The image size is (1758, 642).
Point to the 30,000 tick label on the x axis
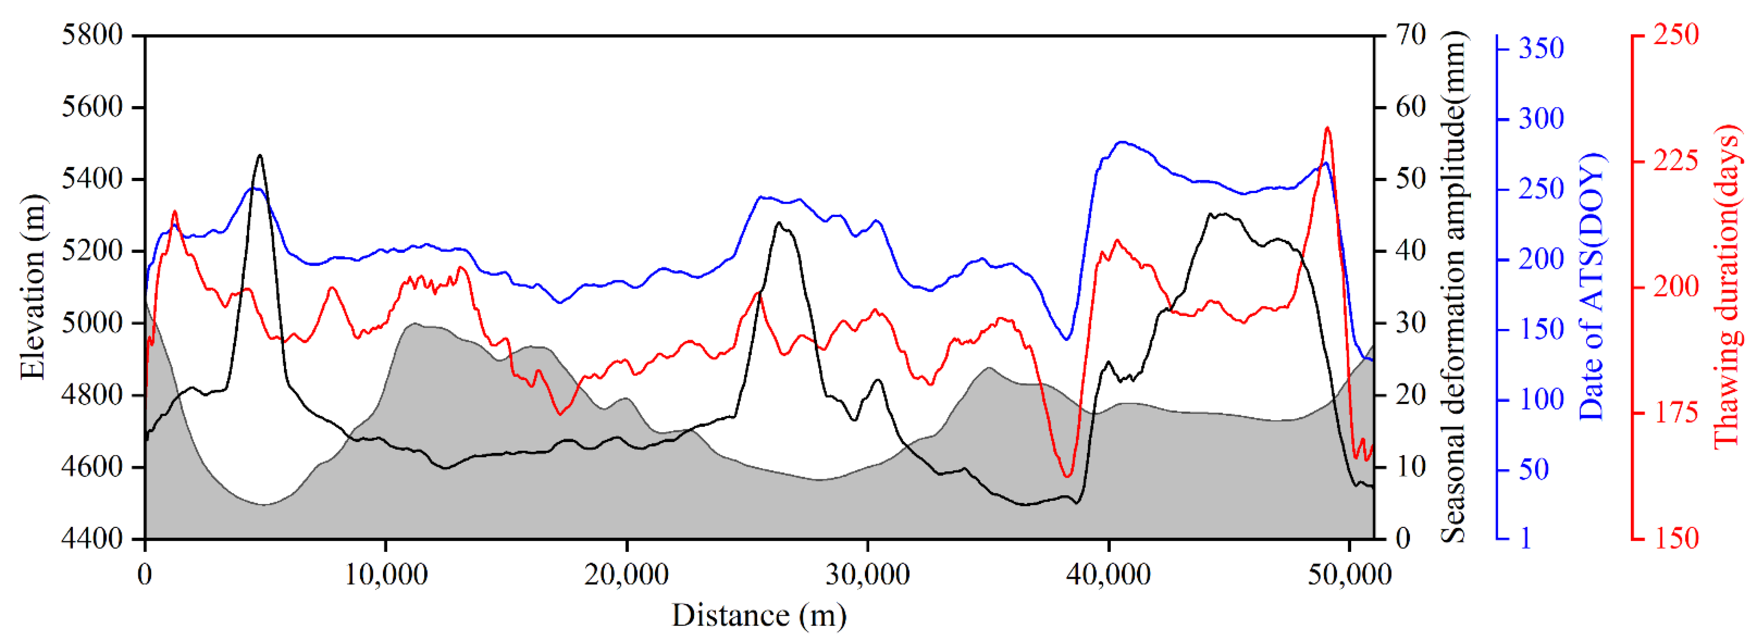[x=867, y=575]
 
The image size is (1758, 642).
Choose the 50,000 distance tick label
[x=1349, y=575]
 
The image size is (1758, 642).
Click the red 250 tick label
[x=1675, y=34]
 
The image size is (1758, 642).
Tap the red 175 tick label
[x=1675, y=413]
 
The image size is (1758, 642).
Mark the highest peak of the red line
[x=1327, y=128]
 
